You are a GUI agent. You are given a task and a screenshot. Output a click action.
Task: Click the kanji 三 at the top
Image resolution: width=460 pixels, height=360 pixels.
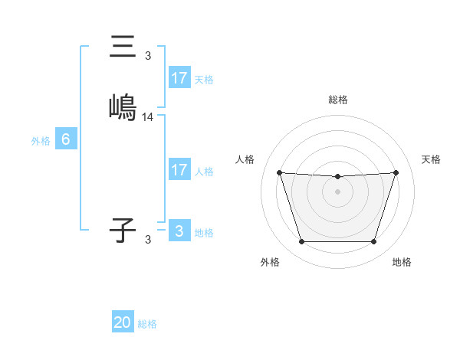[x=123, y=47]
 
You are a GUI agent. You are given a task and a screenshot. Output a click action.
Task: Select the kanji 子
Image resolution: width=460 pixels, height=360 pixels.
[x=123, y=230]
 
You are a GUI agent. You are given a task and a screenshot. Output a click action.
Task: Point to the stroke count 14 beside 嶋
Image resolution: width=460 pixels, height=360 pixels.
[x=148, y=117]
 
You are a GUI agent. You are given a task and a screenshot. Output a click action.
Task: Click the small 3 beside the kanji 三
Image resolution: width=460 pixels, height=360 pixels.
[x=148, y=56]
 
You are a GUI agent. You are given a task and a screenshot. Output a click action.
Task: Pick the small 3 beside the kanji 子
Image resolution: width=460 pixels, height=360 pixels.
[x=148, y=240]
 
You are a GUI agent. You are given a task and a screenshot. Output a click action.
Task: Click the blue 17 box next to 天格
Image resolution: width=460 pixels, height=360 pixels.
[x=179, y=78]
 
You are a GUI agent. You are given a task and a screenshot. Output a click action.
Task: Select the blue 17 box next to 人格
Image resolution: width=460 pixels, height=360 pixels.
[x=179, y=170]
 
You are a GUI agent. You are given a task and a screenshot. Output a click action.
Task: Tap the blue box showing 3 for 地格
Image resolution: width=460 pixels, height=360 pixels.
[x=179, y=231]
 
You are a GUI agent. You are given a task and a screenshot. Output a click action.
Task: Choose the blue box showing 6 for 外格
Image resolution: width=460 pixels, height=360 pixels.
[x=66, y=139]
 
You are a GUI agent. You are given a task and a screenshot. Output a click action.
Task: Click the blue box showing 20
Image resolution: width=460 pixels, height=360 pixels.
[x=123, y=322]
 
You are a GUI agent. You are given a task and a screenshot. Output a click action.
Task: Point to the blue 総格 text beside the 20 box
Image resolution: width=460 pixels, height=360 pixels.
[x=147, y=324]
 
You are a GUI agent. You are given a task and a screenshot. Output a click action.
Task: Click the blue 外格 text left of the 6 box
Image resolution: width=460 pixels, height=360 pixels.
[x=40, y=141]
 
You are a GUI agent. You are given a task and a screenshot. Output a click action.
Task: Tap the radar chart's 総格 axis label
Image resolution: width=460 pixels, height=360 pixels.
[x=337, y=100]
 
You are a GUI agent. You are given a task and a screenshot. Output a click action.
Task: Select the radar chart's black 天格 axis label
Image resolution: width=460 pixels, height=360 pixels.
[x=431, y=159]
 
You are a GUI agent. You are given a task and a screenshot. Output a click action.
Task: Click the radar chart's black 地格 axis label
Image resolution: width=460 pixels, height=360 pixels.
[x=402, y=262]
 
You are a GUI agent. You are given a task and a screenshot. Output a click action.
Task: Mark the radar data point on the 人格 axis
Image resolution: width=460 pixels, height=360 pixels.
[x=279, y=173]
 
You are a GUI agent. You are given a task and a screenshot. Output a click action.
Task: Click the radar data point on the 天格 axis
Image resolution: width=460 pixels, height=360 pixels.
[x=396, y=173]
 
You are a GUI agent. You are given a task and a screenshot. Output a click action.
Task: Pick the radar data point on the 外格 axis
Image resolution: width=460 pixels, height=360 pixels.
[x=301, y=242]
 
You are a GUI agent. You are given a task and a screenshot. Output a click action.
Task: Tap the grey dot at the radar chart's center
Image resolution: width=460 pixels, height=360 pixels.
[x=337, y=191]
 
